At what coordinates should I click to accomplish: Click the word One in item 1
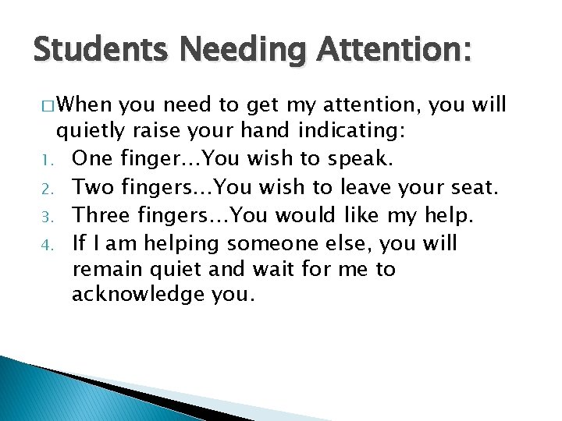[91, 158]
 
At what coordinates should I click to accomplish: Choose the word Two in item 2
[91, 186]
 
